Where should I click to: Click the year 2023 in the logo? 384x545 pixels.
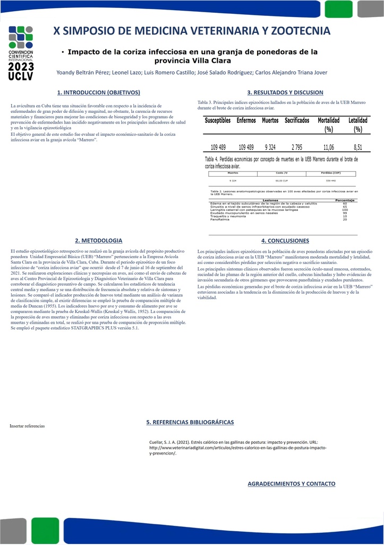[21, 67]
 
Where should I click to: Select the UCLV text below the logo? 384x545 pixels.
[21, 77]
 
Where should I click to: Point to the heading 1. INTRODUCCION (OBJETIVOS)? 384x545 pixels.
[99, 93]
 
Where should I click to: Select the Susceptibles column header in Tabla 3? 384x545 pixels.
[218, 121]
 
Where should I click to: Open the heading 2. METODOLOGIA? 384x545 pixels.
[99, 241]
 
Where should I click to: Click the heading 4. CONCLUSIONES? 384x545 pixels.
[285, 241]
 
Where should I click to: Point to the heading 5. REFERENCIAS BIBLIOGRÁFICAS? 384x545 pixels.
[190, 422]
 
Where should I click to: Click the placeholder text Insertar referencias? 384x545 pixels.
[28, 426]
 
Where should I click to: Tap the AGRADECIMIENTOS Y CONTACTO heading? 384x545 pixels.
[292, 484]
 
